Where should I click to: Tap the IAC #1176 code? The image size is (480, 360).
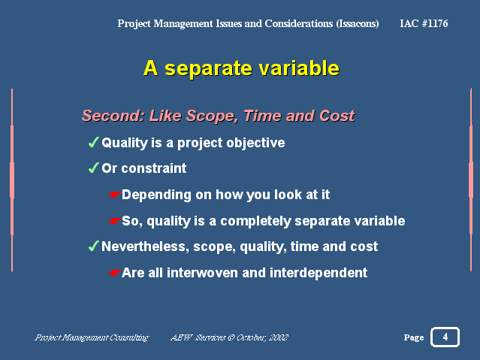click(424, 23)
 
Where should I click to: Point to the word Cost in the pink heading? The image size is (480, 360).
click(337, 116)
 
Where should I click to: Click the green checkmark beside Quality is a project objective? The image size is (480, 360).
click(93, 142)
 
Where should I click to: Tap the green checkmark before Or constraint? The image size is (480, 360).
click(93, 168)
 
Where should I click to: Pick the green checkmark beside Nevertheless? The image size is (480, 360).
click(93, 246)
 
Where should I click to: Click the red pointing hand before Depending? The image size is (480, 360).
click(114, 195)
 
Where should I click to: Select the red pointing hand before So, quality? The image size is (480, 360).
click(114, 221)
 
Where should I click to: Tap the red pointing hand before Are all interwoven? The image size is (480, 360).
click(114, 273)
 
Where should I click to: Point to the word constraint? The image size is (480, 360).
click(154, 168)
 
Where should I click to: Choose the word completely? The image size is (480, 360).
click(255, 221)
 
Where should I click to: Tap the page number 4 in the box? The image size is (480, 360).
click(445, 337)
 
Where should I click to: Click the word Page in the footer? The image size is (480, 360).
click(414, 337)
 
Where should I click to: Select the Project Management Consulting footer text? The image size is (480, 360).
click(92, 337)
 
